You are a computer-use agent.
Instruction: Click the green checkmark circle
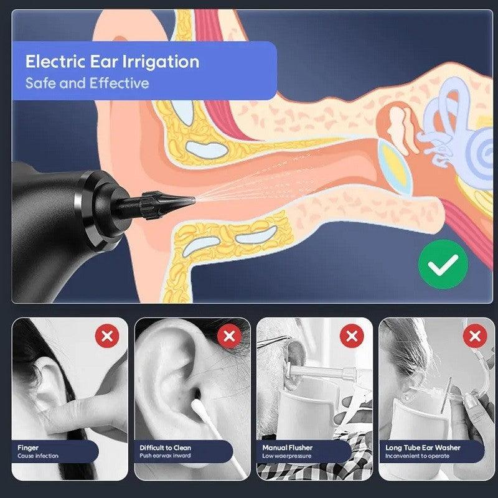pos(443,265)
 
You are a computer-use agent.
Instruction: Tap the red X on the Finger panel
pos(107,336)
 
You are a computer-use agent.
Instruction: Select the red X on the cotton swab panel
pos(229,336)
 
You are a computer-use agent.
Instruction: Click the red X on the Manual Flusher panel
pos(352,336)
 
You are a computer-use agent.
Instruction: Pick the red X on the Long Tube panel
pos(475,336)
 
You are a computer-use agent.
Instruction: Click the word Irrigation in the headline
pos(161,62)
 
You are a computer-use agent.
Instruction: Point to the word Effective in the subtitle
pos(119,83)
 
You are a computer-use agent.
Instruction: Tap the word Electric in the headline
pos(56,61)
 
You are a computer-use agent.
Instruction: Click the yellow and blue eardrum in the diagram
pos(395,167)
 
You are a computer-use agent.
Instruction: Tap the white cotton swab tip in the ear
pos(198,408)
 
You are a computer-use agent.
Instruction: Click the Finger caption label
pos(28,448)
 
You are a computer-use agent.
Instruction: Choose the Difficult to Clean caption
pos(165,448)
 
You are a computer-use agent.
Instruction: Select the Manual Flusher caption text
pos(288,448)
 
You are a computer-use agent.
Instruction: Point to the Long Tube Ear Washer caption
pos(423,448)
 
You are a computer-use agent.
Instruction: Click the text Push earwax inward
pos(165,456)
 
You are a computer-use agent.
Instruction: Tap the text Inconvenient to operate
pos(417,456)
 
